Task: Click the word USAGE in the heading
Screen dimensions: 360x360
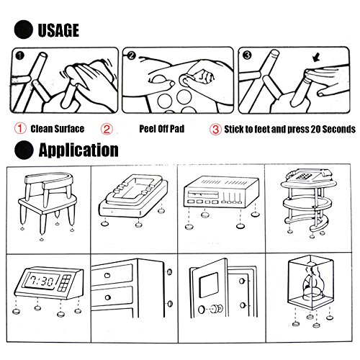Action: point(58,30)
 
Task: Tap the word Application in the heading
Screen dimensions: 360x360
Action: point(78,150)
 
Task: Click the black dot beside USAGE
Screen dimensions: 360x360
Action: point(23,30)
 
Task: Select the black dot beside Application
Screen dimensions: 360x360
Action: point(24,150)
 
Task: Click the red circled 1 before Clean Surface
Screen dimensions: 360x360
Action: point(20,128)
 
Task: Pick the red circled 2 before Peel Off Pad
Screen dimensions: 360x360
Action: point(107,129)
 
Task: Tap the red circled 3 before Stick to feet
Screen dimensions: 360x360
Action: point(215,130)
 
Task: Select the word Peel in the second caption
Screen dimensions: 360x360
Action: point(147,129)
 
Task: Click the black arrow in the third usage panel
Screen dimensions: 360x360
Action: point(317,58)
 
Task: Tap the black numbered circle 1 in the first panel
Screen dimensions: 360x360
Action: point(20,56)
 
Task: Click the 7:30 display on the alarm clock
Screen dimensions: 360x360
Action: point(41,281)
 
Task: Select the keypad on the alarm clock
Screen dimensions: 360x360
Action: point(66,283)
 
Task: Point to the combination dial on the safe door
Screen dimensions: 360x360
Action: point(217,308)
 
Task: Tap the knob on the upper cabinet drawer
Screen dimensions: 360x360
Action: point(107,275)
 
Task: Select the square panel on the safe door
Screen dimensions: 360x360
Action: point(208,284)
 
